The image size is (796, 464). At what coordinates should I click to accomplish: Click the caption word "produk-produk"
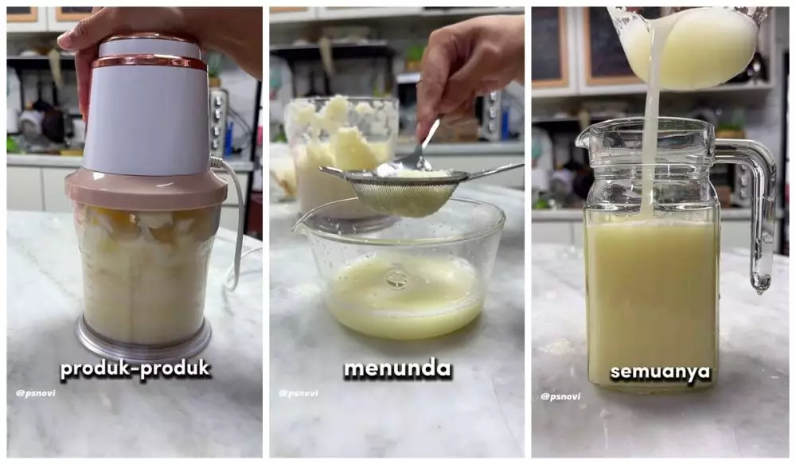click(136, 369)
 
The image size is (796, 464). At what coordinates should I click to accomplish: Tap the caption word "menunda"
click(397, 369)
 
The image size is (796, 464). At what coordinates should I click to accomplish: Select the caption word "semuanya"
click(660, 372)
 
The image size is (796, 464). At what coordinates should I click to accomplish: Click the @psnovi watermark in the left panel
click(36, 393)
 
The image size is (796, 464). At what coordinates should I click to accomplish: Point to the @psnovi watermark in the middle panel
click(298, 393)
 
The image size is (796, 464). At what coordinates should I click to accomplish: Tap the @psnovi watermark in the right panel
click(560, 396)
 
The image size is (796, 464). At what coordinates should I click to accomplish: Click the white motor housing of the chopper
click(148, 119)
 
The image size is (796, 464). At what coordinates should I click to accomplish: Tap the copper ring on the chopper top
click(148, 62)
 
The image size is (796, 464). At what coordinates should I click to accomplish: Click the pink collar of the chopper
click(146, 189)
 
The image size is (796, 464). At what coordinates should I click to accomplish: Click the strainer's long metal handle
click(494, 170)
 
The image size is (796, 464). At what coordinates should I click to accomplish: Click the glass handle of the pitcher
click(757, 207)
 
